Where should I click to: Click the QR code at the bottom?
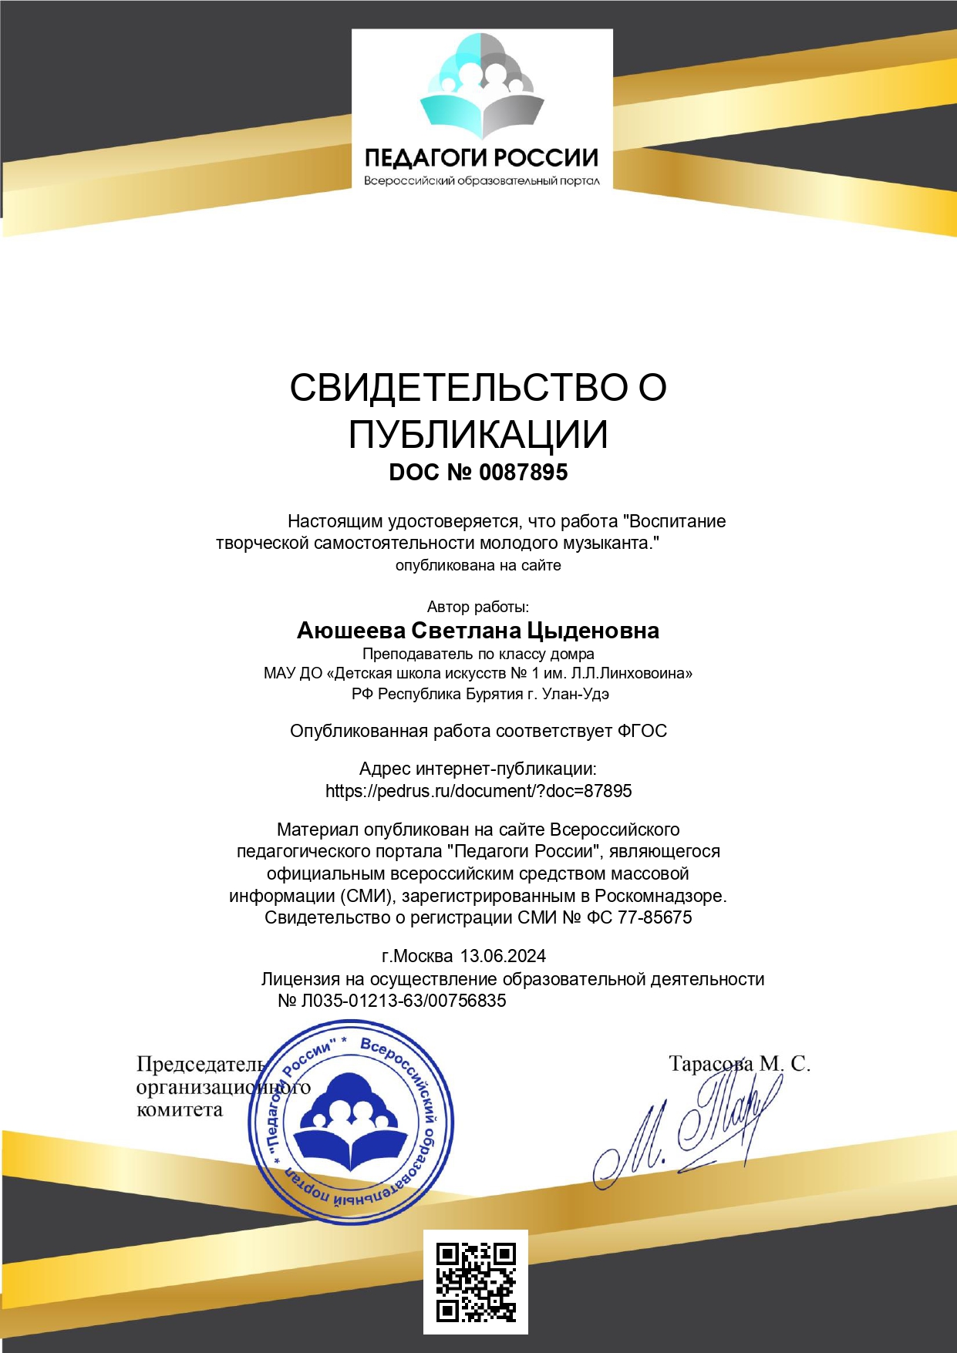(475, 1281)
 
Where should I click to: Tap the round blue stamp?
(352, 1122)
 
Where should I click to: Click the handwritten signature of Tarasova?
(686, 1129)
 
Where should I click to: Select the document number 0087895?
(523, 472)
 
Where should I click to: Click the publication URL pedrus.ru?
(478, 791)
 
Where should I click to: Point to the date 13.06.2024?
(503, 956)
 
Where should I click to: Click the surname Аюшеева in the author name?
(351, 631)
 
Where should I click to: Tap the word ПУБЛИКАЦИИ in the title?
(478, 435)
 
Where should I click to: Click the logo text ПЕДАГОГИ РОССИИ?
(481, 158)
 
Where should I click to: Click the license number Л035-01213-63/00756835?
(403, 1001)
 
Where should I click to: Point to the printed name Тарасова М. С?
(739, 1064)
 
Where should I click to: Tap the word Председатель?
(201, 1065)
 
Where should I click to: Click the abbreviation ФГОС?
(642, 731)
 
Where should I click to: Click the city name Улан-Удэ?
(575, 693)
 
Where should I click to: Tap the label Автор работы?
(478, 607)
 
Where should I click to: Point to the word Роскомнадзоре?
(660, 896)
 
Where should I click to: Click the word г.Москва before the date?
(417, 956)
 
